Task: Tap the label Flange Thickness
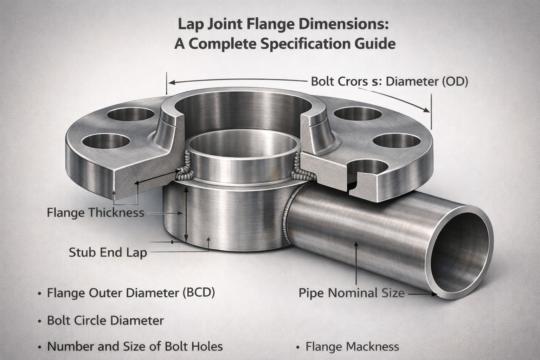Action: pos(95,212)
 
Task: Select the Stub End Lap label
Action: pos(108,252)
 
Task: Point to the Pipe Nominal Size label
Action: pos(352,293)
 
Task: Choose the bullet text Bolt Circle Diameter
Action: pos(105,320)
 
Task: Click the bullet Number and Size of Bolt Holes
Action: pos(135,346)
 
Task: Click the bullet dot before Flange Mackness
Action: pos(298,347)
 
